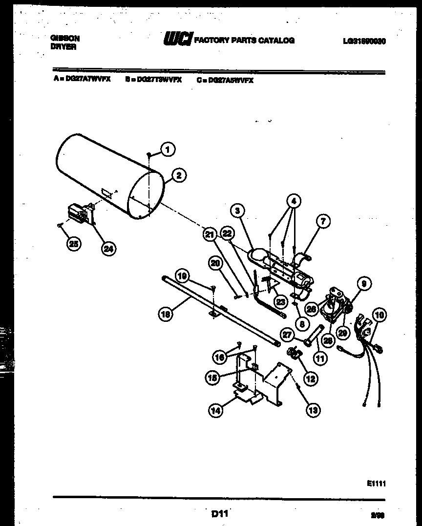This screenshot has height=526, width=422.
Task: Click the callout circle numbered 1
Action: (x=168, y=149)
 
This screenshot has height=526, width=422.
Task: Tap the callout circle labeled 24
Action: (x=108, y=249)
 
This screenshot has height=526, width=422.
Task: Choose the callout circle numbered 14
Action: (x=215, y=411)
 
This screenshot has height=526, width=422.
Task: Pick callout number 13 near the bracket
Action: (x=313, y=410)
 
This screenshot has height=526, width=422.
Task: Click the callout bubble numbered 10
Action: (x=379, y=315)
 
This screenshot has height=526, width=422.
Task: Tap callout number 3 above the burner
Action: (x=237, y=211)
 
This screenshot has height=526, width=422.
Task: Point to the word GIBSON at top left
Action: (x=65, y=37)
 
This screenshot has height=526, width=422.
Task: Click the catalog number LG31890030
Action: (x=364, y=42)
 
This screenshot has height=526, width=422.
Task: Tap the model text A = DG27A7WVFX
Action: (x=82, y=80)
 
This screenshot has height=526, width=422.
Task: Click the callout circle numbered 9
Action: (x=363, y=282)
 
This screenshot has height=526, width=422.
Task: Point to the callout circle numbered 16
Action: (x=220, y=358)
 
